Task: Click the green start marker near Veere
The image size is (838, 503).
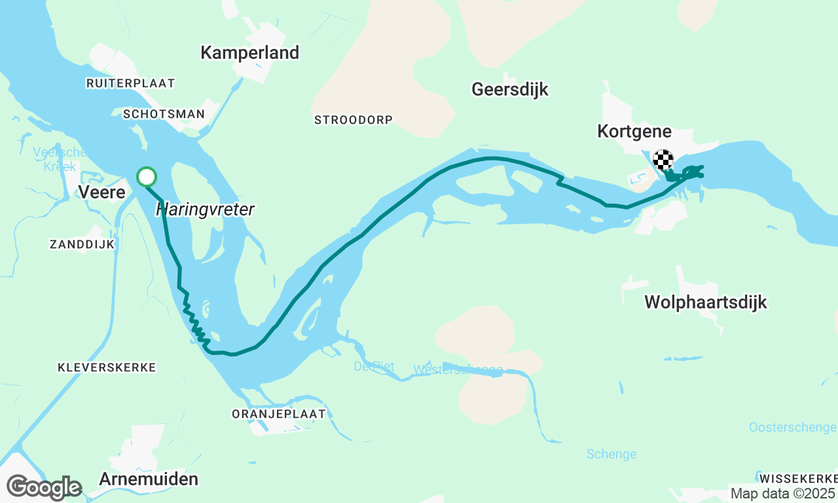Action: tap(147, 177)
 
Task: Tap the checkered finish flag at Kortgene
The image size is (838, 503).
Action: tap(663, 160)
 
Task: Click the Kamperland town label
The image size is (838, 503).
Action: tap(249, 52)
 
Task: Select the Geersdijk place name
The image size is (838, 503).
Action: tap(510, 89)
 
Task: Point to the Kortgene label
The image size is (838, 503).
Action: tap(634, 132)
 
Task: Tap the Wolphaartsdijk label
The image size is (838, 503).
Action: tap(705, 302)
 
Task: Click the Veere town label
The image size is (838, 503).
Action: tap(101, 192)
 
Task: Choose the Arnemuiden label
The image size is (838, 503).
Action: tap(149, 479)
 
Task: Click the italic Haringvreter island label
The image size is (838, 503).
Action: tap(205, 210)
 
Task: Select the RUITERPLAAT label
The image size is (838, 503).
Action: tap(131, 83)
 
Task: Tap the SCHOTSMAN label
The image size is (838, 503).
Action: tap(164, 114)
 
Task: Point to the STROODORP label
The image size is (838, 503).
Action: tap(353, 120)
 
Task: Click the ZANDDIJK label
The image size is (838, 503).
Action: tap(82, 244)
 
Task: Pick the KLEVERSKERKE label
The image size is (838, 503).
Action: tap(107, 367)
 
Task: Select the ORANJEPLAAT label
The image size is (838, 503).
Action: tap(278, 414)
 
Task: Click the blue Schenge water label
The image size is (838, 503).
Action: tap(611, 454)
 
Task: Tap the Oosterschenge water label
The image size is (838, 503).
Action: tap(792, 428)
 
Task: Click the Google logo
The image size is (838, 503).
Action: tap(44, 488)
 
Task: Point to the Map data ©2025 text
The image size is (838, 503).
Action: tap(782, 493)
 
